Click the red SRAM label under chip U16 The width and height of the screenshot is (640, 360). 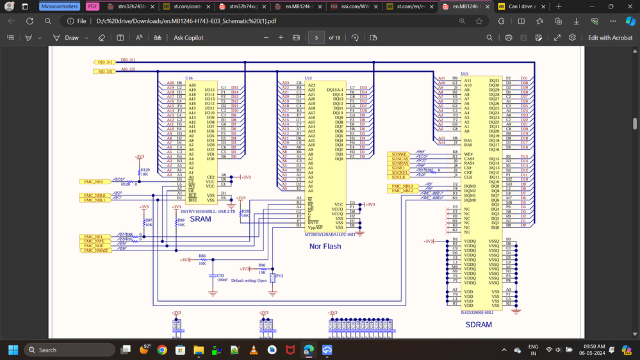click(x=200, y=219)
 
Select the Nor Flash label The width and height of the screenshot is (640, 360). click(x=325, y=246)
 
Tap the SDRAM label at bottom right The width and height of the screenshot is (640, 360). click(x=478, y=325)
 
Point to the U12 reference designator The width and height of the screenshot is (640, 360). click(x=308, y=78)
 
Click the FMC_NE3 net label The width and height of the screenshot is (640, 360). click(x=93, y=182)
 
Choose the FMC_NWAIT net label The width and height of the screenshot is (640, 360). click(x=95, y=250)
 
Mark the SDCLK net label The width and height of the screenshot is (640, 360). click(x=399, y=177)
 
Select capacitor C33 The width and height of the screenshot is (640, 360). click(x=220, y=276)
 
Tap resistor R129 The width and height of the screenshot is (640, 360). click(x=145, y=170)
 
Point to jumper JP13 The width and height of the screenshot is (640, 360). click(x=273, y=277)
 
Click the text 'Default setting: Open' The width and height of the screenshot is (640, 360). click(x=249, y=281)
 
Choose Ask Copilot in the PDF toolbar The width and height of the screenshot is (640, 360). click(x=188, y=38)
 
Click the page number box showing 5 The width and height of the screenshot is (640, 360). click(x=316, y=38)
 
